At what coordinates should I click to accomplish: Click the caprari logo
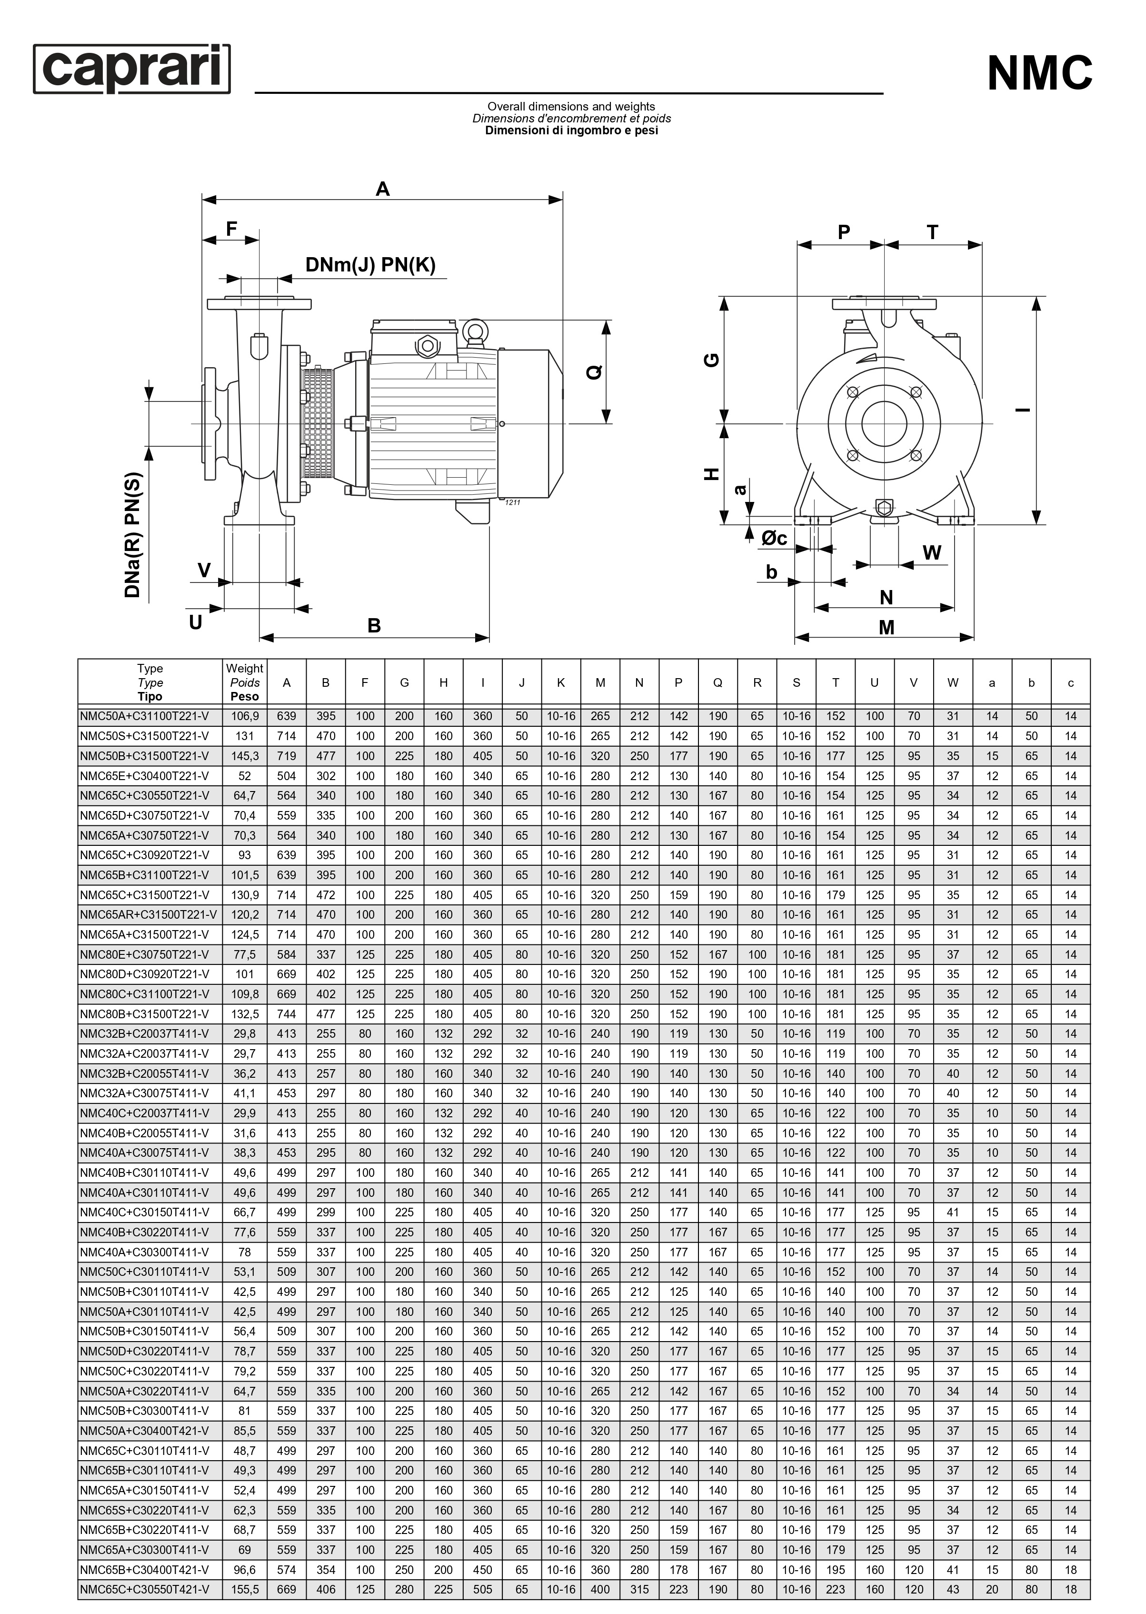pyautogui.click(x=132, y=69)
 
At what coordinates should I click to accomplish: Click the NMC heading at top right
pyautogui.click(x=1039, y=73)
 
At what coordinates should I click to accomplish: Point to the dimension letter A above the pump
pyautogui.click(x=382, y=189)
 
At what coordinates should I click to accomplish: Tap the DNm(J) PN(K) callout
pyautogui.click(x=370, y=265)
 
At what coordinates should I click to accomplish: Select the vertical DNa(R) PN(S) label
pyautogui.click(x=133, y=535)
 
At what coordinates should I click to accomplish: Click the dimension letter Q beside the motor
pyautogui.click(x=595, y=372)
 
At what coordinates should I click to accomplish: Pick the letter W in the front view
pyautogui.click(x=931, y=552)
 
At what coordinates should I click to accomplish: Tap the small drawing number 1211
pyautogui.click(x=512, y=502)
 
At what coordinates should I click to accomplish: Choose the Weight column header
pyautogui.click(x=244, y=682)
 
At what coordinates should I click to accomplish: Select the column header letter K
pyautogui.click(x=561, y=682)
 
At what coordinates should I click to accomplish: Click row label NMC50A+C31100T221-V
pyautogui.click(x=145, y=716)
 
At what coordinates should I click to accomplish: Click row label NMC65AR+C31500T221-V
pyautogui.click(x=148, y=914)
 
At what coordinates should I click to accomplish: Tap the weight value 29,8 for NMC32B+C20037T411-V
pyautogui.click(x=244, y=1034)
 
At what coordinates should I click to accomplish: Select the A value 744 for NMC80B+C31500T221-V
pyautogui.click(x=287, y=1014)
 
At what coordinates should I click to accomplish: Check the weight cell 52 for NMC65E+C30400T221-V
pyautogui.click(x=244, y=776)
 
